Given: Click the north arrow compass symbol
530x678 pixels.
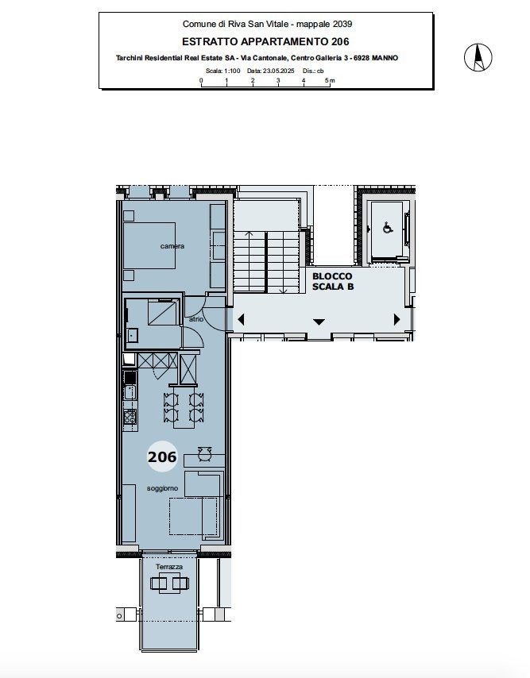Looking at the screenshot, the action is tap(478, 57).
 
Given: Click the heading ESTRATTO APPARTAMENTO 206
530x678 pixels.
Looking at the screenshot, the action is tap(265, 41).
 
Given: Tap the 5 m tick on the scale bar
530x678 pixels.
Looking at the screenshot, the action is tap(330, 84).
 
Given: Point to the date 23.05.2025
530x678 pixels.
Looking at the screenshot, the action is tap(279, 71).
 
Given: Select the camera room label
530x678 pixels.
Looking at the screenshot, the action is tap(172, 246).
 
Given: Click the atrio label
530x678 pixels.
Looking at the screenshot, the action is tap(196, 319).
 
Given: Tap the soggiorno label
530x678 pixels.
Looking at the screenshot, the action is tap(162, 488).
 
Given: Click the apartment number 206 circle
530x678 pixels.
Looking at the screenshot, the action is tap(162, 457).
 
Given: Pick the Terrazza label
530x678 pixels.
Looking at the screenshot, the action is tap(169, 566).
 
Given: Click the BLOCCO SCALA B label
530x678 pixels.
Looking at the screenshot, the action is tap(333, 282).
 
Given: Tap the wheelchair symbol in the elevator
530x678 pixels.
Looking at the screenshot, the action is tap(388, 227).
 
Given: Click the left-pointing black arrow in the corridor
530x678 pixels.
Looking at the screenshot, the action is tap(241, 319).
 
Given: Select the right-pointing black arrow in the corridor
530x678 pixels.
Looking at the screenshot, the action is tap(397, 319).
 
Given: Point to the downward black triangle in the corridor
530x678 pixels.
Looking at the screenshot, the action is tap(319, 322).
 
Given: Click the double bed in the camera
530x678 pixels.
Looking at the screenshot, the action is tap(149, 245).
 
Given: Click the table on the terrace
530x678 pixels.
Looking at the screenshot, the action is tap(169, 584).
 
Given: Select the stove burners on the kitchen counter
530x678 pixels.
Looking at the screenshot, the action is tap(130, 416).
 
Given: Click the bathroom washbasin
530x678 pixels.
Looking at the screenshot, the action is tap(132, 335).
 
